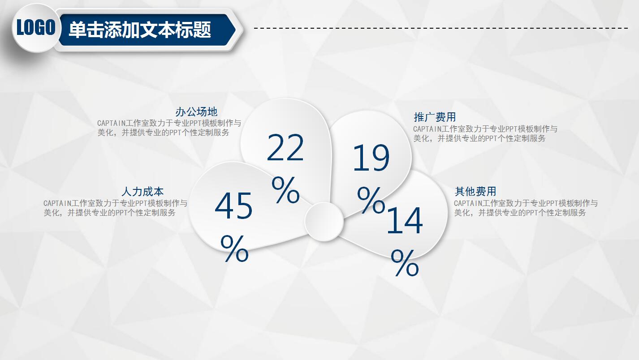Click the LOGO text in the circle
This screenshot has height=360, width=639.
point(36,27)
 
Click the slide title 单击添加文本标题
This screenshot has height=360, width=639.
point(140,30)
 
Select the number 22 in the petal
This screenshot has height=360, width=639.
point(285,148)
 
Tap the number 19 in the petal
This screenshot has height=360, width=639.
point(371,158)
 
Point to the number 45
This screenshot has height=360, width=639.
point(233,206)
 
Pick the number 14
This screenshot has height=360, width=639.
point(405,220)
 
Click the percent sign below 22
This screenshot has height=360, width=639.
point(285,190)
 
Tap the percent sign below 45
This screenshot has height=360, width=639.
point(234,248)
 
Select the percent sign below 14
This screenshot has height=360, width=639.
point(405,263)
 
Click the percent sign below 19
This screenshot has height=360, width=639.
point(371,200)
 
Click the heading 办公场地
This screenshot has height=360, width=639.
point(196,112)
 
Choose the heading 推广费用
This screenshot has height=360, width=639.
point(435,117)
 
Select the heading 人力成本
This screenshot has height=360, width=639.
point(142,191)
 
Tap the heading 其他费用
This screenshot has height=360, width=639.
point(475,191)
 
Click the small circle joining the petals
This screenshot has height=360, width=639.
point(324,222)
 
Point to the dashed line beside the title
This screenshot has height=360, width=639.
point(441,28)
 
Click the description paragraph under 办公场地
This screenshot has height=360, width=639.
point(169,128)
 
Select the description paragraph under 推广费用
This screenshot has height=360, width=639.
point(485,133)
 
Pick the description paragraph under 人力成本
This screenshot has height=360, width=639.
point(116,208)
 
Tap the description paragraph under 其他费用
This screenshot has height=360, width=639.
point(526,208)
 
